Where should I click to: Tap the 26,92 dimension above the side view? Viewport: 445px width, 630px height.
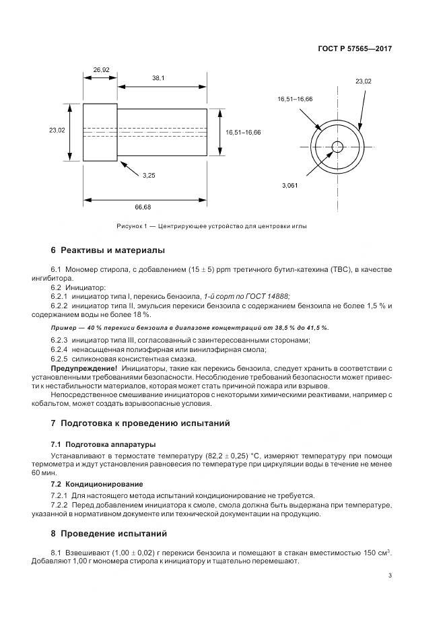(x=101, y=69)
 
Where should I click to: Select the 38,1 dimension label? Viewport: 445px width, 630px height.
(x=158, y=79)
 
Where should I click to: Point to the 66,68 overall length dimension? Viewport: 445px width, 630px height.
(x=143, y=207)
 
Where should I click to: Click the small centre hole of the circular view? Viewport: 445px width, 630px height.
(x=337, y=147)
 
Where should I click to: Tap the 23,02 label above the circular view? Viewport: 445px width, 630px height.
(x=363, y=81)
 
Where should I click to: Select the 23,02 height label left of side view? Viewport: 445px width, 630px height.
(x=57, y=131)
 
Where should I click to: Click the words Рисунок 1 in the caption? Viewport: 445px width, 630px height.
(x=132, y=226)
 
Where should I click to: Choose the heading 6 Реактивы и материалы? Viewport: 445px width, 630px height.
(x=107, y=250)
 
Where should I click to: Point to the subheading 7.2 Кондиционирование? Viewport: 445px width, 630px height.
(x=97, y=484)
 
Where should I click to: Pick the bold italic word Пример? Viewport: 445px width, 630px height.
(x=63, y=327)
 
